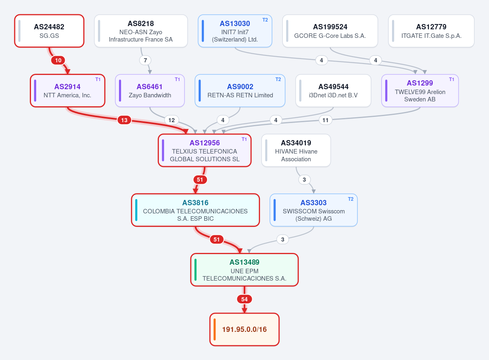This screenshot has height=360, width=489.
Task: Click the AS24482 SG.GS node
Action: pos(49,31)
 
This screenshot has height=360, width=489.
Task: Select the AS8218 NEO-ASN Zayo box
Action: pos(141,31)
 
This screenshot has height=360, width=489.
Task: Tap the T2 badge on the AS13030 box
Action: pos(265,20)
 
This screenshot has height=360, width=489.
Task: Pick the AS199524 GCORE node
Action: pos(330,31)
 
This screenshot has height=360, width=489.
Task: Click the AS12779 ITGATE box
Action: pos(431,31)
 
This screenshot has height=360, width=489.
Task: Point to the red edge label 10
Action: pos(58,60)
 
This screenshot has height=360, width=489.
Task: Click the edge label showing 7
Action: pos(145,60)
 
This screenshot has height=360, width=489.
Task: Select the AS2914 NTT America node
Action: pos(68,90)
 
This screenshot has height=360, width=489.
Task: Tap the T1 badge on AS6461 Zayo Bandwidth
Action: pos(177,79)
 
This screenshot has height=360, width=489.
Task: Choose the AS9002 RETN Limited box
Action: pos(240,90)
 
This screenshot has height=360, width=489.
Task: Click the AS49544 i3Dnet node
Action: pos(333,90)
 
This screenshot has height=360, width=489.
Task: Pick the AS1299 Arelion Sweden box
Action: pos(420,90)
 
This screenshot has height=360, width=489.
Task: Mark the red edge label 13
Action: pos(124,120)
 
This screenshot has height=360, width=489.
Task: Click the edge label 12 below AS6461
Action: pos(172,120)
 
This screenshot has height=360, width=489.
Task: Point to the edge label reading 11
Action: pos(325,120)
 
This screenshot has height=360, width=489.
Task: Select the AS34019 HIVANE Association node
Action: pos(296,150)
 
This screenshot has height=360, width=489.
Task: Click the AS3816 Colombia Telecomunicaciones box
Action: pos(195,210)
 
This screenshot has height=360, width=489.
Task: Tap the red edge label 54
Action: pos(244,299)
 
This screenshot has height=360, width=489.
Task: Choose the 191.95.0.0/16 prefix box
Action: pos(244,329)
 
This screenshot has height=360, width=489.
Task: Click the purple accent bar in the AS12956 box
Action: pos(163,150)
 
